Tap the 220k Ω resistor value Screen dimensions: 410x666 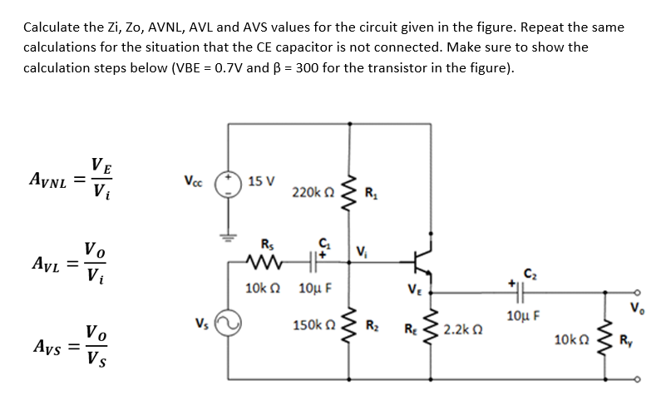point(315,193)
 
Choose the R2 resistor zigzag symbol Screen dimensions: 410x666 point(350,324)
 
